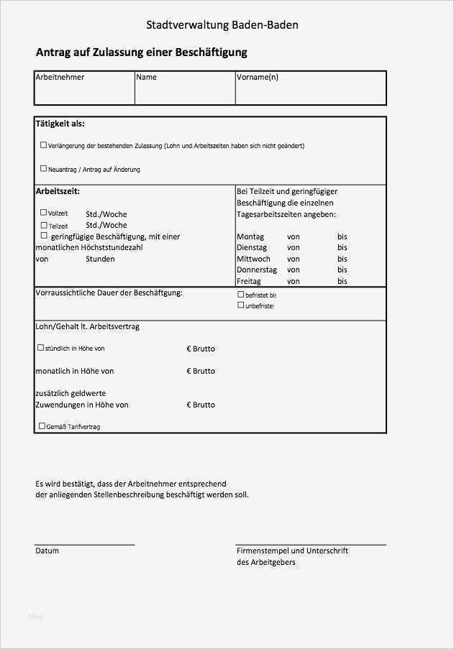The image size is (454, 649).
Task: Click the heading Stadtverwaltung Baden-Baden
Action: (222, 25)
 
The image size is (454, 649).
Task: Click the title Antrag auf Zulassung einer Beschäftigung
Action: (141, 52)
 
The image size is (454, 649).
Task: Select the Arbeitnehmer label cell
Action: (60, 77)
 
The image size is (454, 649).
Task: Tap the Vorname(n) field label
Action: (258, 77)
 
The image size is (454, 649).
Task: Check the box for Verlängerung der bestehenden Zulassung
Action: (43, 145)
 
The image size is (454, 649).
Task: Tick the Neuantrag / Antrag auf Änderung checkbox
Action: (43, 169)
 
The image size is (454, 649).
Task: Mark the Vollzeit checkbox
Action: (43, 213)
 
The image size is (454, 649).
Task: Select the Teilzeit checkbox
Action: (43, 225)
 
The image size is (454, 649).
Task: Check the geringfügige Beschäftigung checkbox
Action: (43, 236)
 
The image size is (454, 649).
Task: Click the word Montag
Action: (250, 236)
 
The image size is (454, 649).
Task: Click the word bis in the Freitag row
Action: (342, 281)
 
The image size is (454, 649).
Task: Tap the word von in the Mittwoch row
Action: (294, 259)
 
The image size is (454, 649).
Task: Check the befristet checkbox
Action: (241, 295)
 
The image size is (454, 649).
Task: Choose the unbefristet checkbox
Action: (241, 305)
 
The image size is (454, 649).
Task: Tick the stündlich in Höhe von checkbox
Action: (40, 348)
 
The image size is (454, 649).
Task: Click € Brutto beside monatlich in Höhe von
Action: (201, 371)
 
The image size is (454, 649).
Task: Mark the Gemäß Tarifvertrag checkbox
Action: (41, 426)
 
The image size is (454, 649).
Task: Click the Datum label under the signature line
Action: (47, 551)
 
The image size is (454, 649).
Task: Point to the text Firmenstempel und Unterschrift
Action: (292, 551)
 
